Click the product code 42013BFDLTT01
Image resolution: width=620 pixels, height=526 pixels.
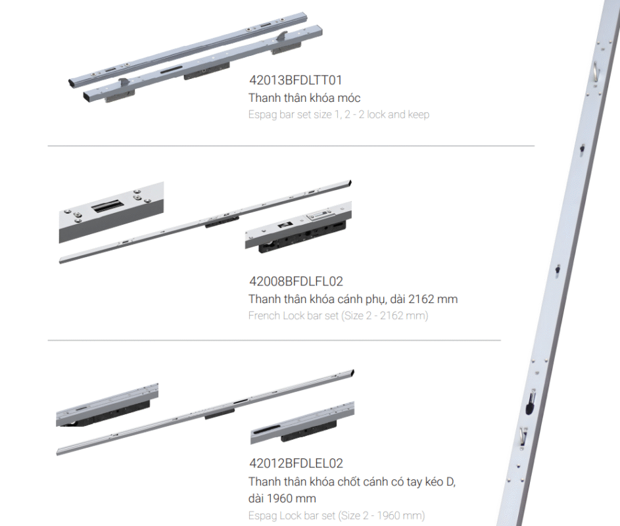[x=295, y=80]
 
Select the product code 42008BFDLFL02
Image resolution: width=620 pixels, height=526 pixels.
[x=296, y=281]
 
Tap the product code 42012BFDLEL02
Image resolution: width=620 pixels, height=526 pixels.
[x=296, y=463]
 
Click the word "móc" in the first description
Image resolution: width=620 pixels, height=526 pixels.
[x=348, y=98]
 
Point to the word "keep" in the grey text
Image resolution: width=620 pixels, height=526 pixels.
[x=418, y=114]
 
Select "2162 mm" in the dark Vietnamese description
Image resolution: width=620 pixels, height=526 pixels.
[x=433, y=299]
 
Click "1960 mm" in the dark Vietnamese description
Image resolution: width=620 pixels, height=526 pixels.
[x=291, y=498]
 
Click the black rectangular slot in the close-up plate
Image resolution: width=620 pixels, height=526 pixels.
[x=108, y=206]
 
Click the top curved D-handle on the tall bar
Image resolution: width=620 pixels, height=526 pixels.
[x=595, y=73]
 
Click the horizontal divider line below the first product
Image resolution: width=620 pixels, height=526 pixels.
[x=291, y=146]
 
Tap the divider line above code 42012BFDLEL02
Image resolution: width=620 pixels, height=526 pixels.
[x=274, y=340]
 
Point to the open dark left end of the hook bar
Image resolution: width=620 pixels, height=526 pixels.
[x=72, y=83]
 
